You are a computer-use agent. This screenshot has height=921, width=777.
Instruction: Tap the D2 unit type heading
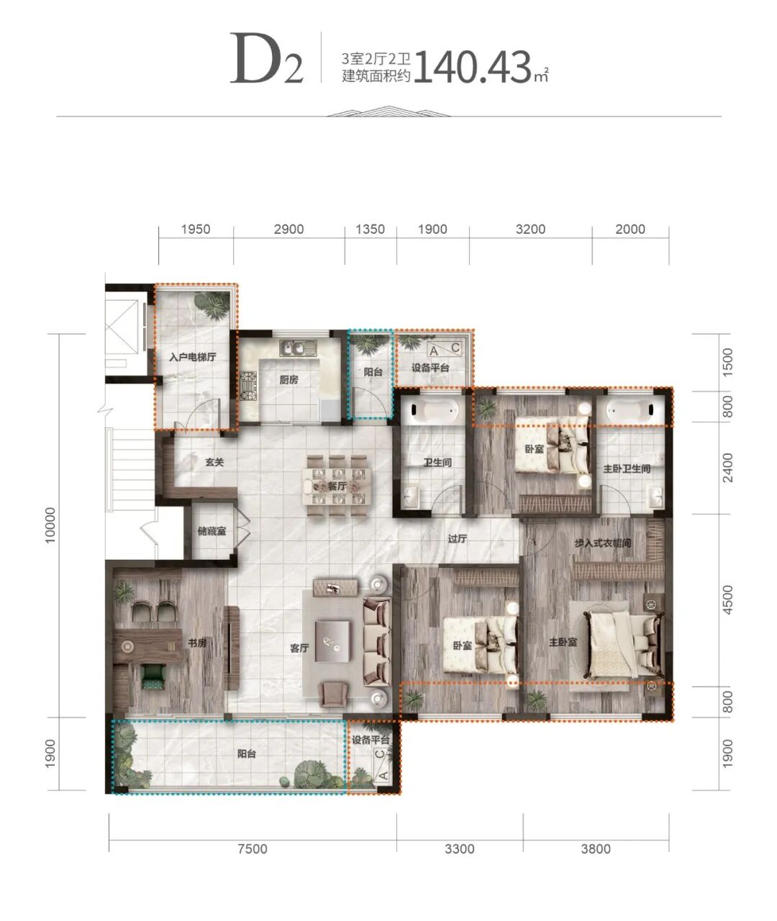(x=267, y=60)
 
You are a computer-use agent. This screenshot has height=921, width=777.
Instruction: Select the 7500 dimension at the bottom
(x=253, y=848)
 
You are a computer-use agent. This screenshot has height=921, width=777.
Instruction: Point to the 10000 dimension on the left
(x=50, y=525)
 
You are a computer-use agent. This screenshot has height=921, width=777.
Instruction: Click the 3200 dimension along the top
(x=530, y=230)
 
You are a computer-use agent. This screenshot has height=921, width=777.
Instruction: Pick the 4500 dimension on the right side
(x=727, y=600)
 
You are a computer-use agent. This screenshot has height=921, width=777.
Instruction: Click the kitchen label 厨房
(x=288, y=380)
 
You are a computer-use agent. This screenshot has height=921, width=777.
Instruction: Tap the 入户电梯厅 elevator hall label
(x=193, y=357)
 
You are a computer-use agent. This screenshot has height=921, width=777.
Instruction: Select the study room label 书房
(x=197, y=643)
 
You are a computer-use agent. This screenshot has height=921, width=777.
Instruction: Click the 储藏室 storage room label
(x=212, y=531)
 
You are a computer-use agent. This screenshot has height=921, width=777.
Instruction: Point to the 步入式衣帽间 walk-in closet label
(x=603, y=543)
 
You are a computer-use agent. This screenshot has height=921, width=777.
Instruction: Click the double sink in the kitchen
(x=298, y=348)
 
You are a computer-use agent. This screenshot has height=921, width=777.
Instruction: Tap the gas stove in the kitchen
(x=248, y=386)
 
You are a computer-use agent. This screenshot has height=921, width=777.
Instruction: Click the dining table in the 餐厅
(x=337, y=486)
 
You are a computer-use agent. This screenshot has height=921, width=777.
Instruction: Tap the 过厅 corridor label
(x=458, y=539)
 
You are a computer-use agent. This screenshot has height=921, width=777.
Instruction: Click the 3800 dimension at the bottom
(x=596, y=848)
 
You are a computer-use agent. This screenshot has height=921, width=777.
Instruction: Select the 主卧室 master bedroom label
(x=563, y=643)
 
